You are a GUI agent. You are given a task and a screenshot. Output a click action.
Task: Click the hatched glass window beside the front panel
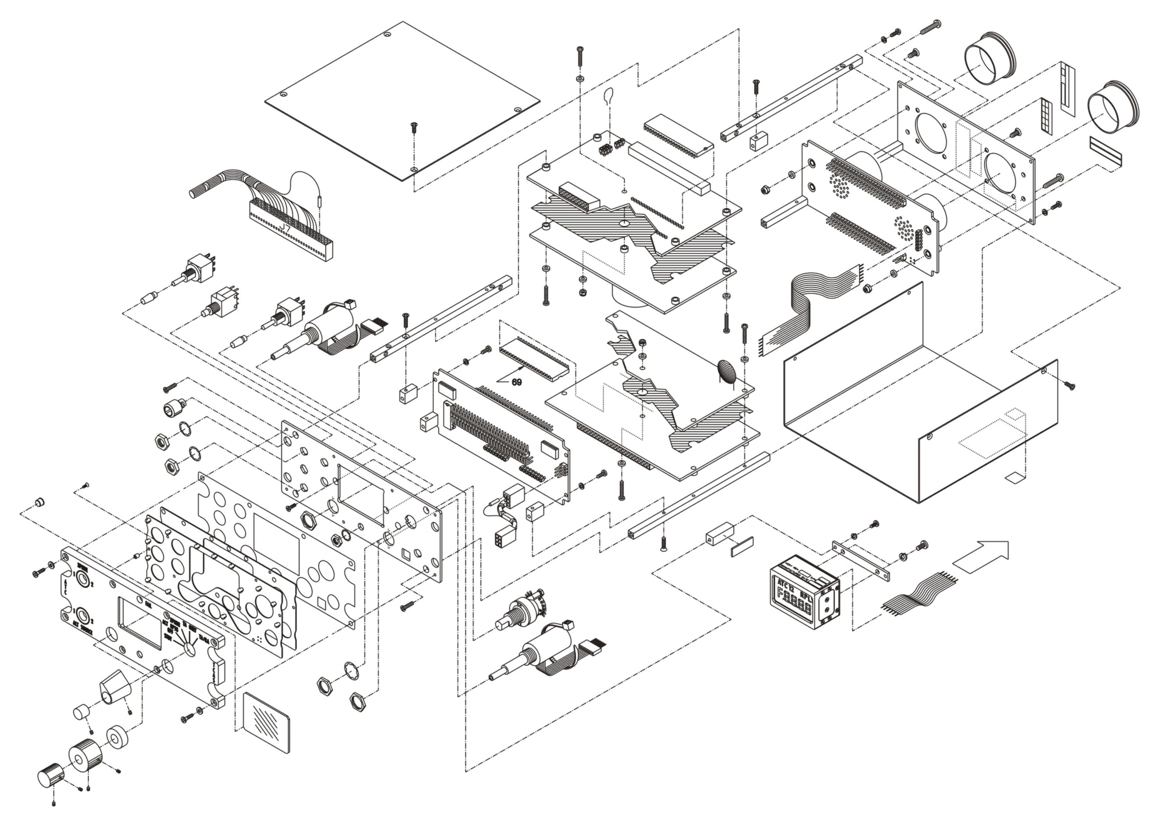[x=267, y=723]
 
